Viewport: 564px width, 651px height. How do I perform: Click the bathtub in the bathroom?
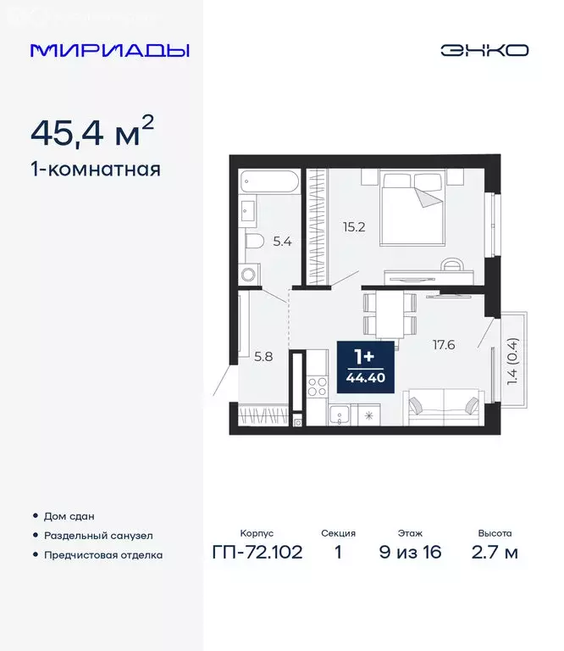click(268, 181)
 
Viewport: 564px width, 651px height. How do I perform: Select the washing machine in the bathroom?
click(248, 273)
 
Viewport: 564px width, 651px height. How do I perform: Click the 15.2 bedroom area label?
click(354, 226)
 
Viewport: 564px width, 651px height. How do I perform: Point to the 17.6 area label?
click(443, 345)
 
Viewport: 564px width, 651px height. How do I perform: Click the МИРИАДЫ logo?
click(110, 50)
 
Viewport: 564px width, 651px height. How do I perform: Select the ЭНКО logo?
click(484, 50)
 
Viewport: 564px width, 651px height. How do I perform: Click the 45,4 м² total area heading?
click(92, 131)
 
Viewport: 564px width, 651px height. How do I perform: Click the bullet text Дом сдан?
click(69, 515)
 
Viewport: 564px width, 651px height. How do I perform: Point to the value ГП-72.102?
click(257, 554)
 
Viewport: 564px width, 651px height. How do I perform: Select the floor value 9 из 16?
click(411, 554)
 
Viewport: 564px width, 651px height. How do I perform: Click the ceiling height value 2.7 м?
click(495, 554)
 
